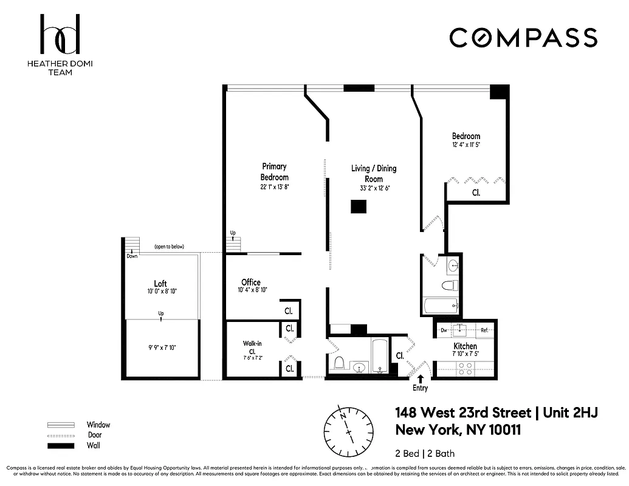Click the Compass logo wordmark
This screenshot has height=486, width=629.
pyautogui.click(x=523, y=38)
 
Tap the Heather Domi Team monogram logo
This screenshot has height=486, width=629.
pyautogui.click(x=60, y=35)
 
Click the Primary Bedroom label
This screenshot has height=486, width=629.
pyautogui.click(x=275, y=171)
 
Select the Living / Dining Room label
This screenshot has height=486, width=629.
pyautogui.click(x=374, y=173)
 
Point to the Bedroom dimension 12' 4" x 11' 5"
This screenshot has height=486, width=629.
pyautogui.click(x=466, y=146)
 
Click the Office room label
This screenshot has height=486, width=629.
pyautogui.click(x=250, y=282)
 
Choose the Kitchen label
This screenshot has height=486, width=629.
pyautogui.click(x=465, y=346)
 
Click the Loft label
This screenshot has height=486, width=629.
pyautogui.click(x=160, y=283)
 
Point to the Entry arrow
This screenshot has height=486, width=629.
pyautogui.click(x=420, y=379)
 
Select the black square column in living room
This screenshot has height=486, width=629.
pyautogui.click(x=359, y=207)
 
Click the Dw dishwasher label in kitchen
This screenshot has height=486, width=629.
pyautogui.click(x=444, y=330)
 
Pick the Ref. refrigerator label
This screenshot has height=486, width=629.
pyautogui.click(x=484, y=330)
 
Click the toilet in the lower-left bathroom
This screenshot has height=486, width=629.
pyautogui.click(x=340, y=363)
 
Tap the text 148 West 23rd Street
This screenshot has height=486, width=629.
pyautogui.click(x=462, y=413)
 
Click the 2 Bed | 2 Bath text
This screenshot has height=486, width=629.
pyautogui.click(x=425, y=453)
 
